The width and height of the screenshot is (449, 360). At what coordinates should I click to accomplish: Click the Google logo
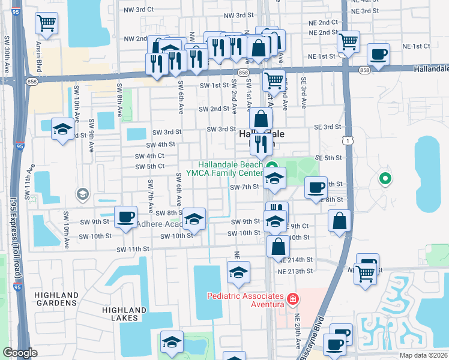click(x=20, y=353)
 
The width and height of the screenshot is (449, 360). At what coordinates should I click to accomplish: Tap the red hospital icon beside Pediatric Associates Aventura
click(x=292, y=298)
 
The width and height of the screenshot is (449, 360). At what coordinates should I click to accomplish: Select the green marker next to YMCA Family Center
click(x=271, y=167)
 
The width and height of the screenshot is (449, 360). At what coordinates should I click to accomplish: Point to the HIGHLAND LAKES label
click(x=124, y=314)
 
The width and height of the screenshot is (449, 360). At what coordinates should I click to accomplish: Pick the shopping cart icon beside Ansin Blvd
click(x=47, y=23)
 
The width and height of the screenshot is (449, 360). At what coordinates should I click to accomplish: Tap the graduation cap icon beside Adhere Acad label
click(x=194, y=220)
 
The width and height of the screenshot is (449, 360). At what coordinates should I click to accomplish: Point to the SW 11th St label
click(x=132, y=249)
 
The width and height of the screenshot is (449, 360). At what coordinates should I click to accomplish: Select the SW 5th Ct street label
click(x=150, y=166)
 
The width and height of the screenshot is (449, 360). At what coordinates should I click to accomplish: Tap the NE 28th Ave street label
click(x=298, y=331)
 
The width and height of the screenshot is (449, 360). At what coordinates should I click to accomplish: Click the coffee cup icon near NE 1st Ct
click(x=378, y=55)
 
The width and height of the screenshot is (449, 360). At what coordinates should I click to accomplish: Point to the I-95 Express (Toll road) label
click(x=13, y=228)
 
